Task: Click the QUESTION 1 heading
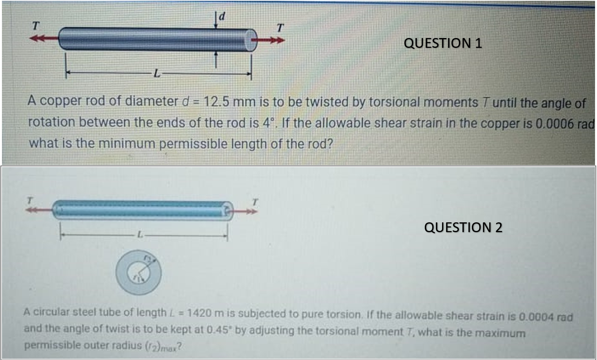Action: tap(443, 43)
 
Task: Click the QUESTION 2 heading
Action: tap(463, 227)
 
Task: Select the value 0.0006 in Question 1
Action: tap(555, 124)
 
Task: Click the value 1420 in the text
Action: tap(199, 313)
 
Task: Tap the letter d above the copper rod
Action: tap(222, 16)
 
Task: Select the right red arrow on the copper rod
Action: tap(271, 40)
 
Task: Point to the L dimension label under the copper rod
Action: tap(157, 73)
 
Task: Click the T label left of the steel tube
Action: tap(29, 200)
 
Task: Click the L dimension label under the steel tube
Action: tap(140, 235)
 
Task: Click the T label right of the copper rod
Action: tap(280, 28)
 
